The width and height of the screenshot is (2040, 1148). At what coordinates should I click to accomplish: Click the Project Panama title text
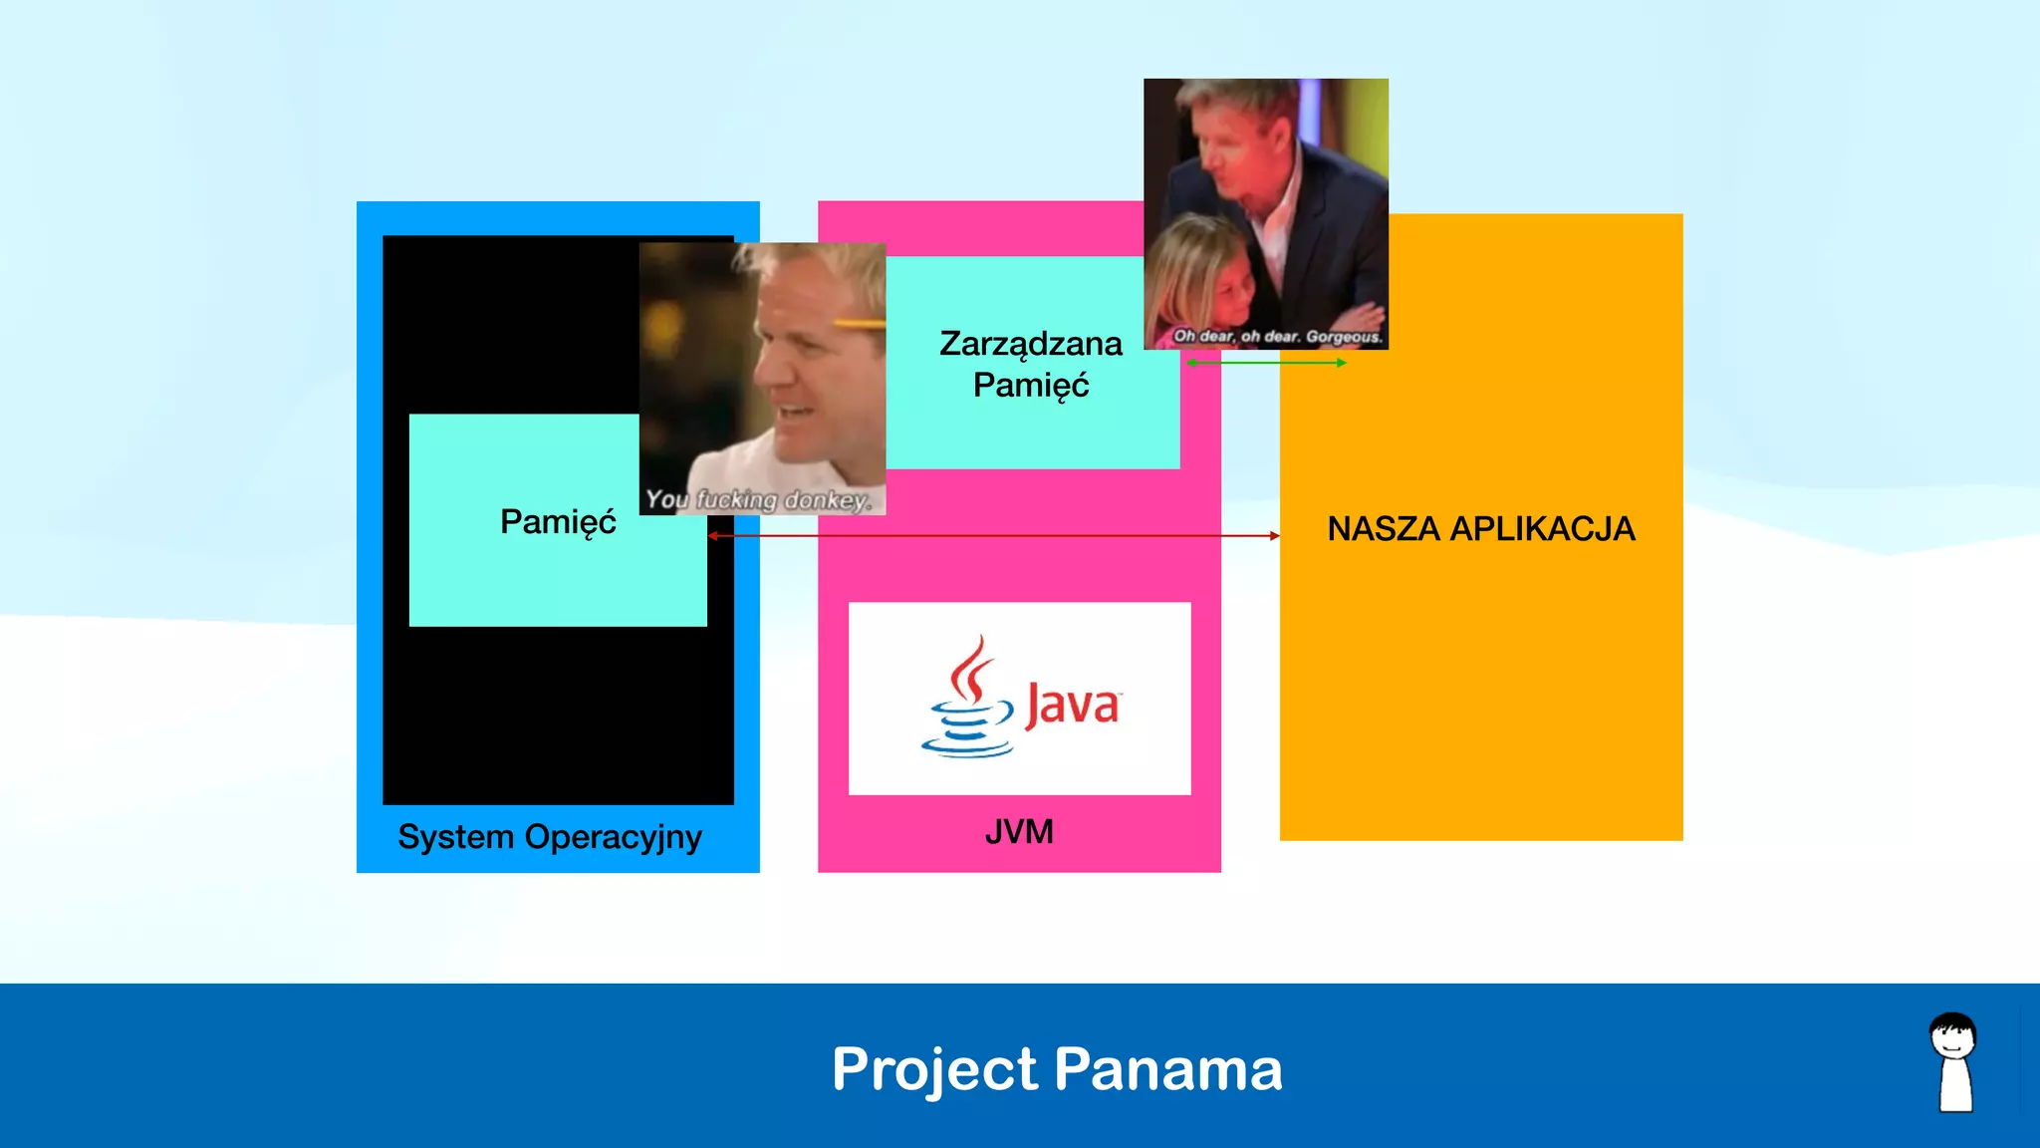tap(1057, 1069)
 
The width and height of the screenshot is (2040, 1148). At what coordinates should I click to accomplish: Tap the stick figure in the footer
tap(1954, 1062)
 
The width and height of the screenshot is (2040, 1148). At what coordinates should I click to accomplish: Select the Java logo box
tap(1019, 698)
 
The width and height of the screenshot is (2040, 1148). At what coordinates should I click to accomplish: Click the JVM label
tap(1019, 831)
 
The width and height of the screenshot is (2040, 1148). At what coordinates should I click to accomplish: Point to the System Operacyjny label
tap(550, 837)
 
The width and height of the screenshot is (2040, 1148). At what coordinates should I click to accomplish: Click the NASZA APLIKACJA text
tap(1481, 528)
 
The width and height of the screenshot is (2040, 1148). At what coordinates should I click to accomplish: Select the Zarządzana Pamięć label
tap(1031, 364)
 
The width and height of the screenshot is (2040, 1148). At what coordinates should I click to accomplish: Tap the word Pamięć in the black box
tap(558, 521)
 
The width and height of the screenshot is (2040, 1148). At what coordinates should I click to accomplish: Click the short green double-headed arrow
tap(1266, 363)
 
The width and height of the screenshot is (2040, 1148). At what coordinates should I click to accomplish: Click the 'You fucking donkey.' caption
tap(759, 499)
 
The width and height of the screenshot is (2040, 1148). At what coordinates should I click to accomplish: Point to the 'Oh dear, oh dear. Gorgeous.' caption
tap(1278, 336)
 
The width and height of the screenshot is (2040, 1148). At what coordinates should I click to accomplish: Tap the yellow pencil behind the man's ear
tap(859, 323)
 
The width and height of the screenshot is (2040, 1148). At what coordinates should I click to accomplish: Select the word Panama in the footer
tap(1168, 1069)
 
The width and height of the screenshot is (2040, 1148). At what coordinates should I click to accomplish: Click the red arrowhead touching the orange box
tap(1274, 536)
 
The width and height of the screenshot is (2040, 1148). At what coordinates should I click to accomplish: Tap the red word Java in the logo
tap(1073, 706)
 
